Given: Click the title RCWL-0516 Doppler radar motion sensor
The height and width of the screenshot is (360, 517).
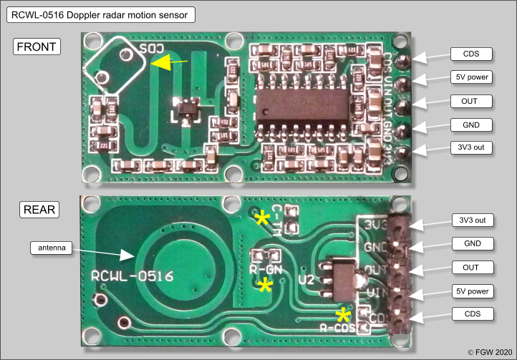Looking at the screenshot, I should pyautogui.click(x=100, y=14).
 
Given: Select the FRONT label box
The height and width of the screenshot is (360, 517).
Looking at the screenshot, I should pyautogui.click(x=37, y=47).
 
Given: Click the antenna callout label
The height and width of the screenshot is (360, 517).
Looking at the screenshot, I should pyautogui.click(x=52, y=248).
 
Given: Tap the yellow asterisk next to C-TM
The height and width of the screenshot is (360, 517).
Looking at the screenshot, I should pyautogui.click(x=264, y=218).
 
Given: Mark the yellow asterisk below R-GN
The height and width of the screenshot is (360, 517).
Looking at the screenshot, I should pyautogui.click(x=265, y=286).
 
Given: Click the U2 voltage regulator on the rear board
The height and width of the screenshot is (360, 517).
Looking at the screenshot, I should pyautogui.click(x=335, y=276).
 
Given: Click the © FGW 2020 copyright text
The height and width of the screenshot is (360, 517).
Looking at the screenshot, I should pyautogui.click(x=491, y=352).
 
